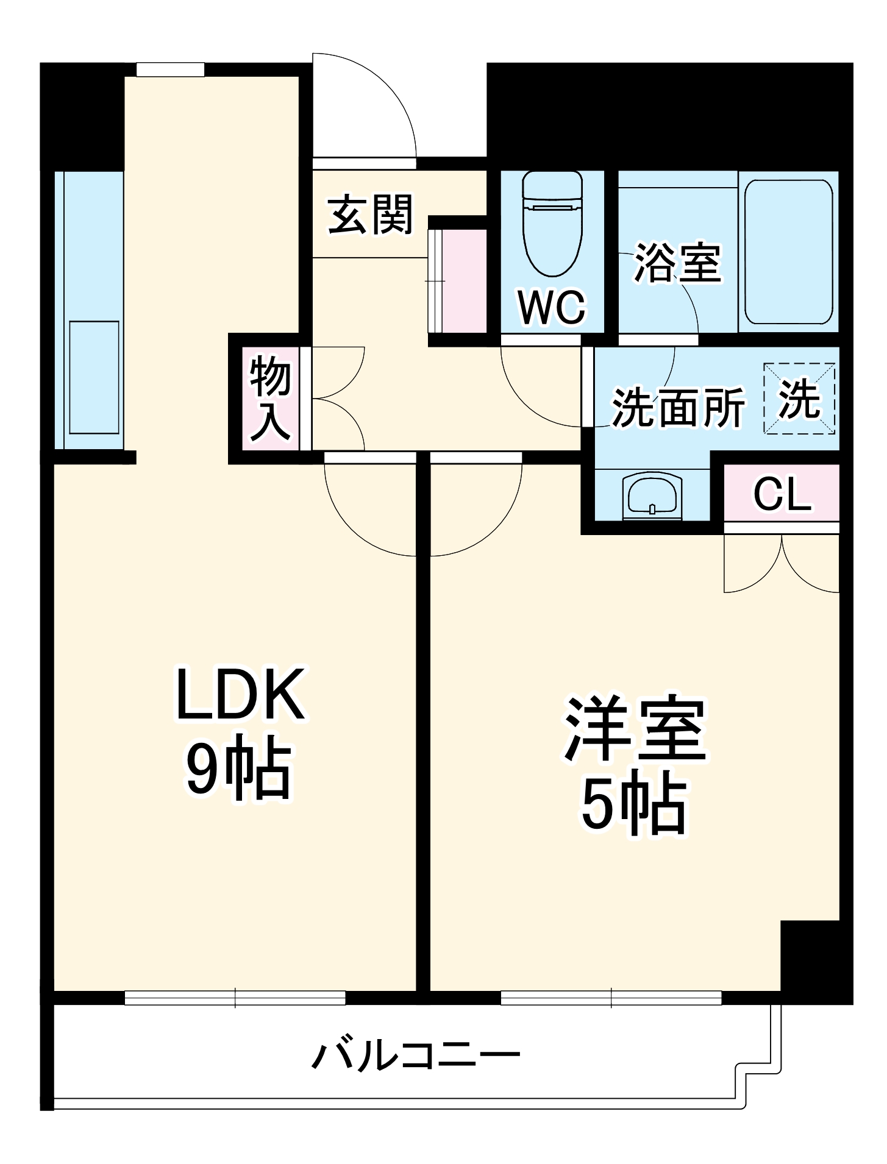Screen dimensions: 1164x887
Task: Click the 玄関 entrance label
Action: point(371,215)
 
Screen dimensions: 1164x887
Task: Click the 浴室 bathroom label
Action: point(678,263)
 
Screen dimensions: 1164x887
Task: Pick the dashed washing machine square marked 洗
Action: point(800,399)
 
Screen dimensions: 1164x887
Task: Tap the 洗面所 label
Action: point(678,407)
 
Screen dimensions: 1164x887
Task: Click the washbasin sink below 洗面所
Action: point(652,495)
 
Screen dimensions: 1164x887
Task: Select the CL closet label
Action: point(782,494)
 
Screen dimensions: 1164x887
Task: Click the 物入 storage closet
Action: point(270,399)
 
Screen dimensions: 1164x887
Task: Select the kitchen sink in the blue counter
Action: point(94,377)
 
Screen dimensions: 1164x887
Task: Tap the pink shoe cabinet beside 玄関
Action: point(463,282)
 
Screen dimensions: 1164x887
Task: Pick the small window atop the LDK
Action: point(170,69)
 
